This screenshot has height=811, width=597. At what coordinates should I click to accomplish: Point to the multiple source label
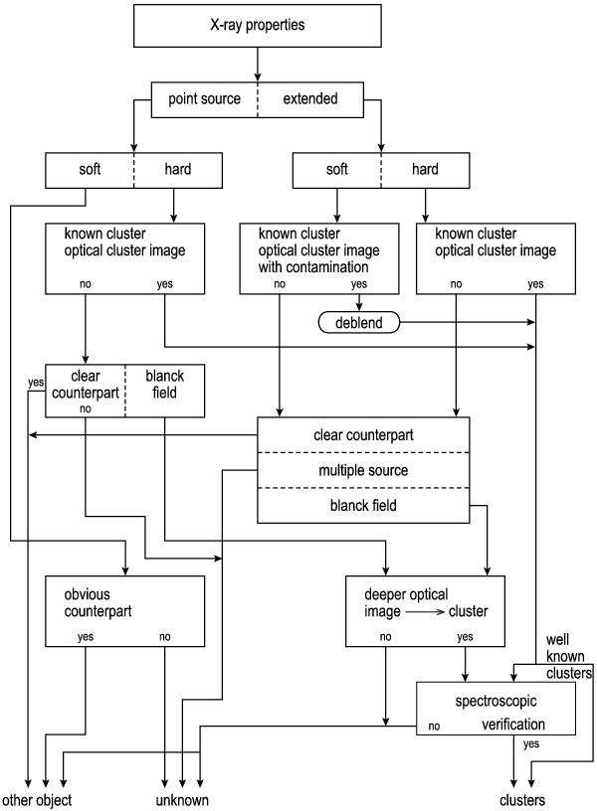[363, 469]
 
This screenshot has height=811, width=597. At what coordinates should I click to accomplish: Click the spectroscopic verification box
[496, 708]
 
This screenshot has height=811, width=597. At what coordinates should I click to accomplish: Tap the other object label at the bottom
[37, 800]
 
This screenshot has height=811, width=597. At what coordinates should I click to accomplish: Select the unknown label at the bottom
[182, 800]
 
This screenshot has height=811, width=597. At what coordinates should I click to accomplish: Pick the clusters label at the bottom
[522, 800]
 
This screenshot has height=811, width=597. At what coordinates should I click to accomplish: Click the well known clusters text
[569, 656]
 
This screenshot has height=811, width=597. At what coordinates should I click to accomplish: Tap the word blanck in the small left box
[165, 377]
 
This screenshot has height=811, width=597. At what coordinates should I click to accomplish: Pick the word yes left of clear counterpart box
[36, 383]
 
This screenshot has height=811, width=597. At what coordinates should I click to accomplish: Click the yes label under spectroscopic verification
[530, 743]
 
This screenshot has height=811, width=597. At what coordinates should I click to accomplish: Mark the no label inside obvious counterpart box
[164, 638]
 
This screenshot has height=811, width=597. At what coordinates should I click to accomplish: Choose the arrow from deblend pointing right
[468, 322]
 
